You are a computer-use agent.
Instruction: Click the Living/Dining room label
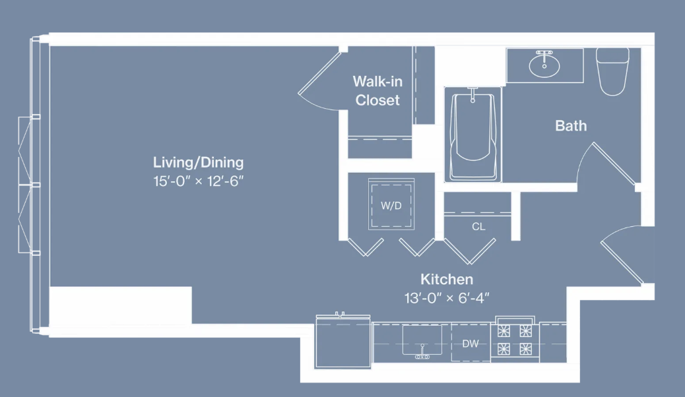[x=198, y=162]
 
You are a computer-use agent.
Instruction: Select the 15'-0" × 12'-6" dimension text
[x=198, y=181]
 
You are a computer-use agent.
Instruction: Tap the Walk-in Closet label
[x=377, y=91]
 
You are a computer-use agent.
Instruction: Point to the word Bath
[x=571, y=125]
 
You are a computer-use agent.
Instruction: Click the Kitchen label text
[x=447, y=280]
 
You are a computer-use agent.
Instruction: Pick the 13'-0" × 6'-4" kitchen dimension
[x=447, y=298]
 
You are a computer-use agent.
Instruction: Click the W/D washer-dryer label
[x=391, y=206]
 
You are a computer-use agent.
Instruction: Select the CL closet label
[x=478, y=226]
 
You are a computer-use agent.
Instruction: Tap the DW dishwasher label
[x=470, y=344]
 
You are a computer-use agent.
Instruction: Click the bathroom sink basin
[x=544, y=65]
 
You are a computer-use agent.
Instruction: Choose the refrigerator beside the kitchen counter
[x=343, y=342]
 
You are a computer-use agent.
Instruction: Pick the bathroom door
[x=614, y=162]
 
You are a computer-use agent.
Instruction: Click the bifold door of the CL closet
[x=470, y=249]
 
